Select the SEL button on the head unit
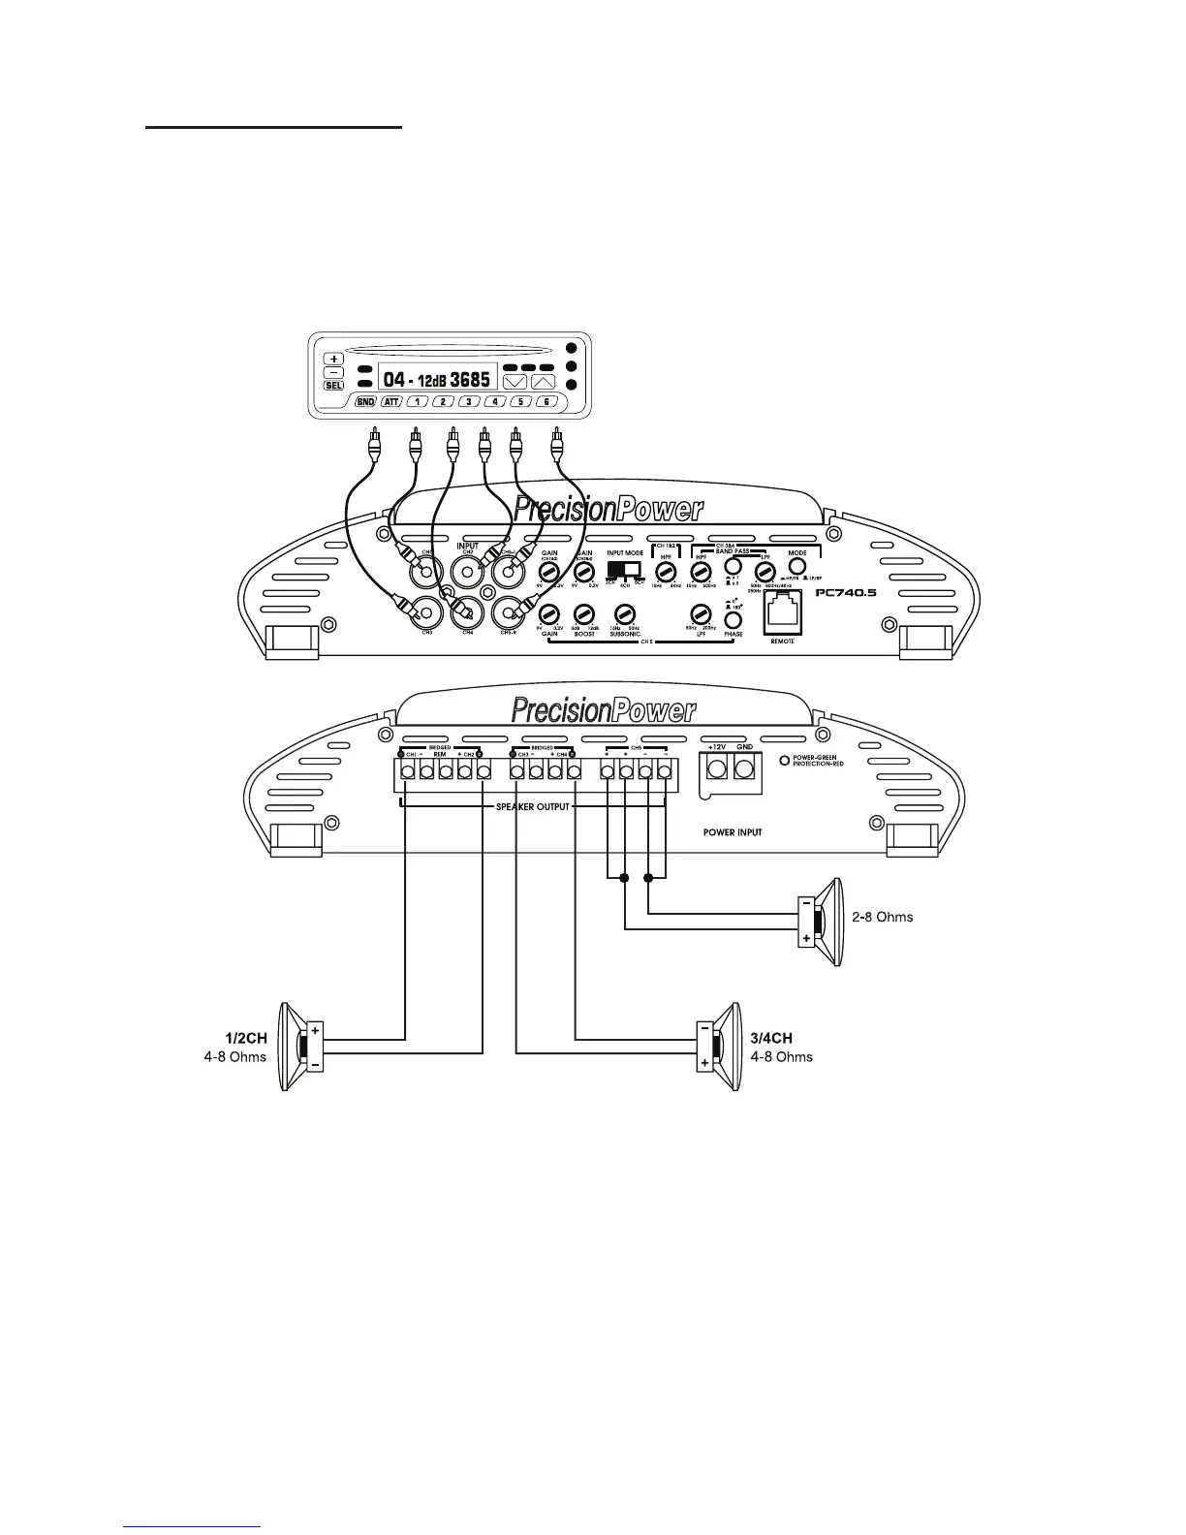point(333,386)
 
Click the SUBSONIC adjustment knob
point(625,614)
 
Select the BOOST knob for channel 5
point(583,614)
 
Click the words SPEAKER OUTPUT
point(533,806)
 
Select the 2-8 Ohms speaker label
point(882,917)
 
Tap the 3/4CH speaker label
point(771,1038)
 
